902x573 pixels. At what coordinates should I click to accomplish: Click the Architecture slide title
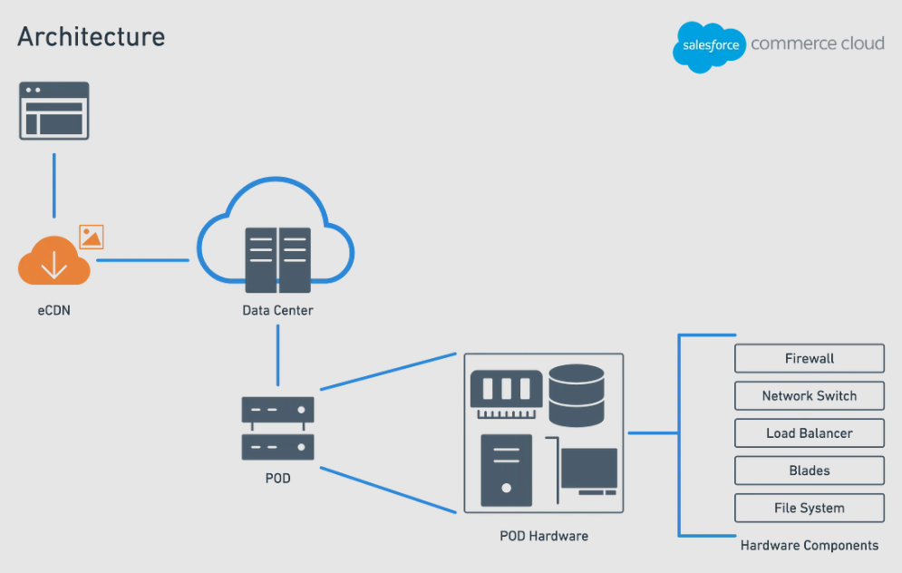pos(92,37)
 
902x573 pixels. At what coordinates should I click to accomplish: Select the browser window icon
pos(54,111)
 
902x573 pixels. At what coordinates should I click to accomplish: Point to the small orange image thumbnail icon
pos(92,238)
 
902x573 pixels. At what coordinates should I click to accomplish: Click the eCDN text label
pos(54,310)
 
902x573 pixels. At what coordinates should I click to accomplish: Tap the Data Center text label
pos(277,311)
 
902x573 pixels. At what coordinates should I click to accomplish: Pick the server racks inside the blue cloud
pos(277,259)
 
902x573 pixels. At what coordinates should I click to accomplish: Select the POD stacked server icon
pos(277,428)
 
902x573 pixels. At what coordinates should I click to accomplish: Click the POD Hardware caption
pos(544,536)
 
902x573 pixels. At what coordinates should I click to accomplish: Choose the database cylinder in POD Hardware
pos(577,394)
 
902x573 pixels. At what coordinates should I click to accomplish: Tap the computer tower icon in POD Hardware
pos(507,469)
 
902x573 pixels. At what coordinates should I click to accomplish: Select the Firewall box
pos(809,358)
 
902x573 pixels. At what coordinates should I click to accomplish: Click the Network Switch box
pos(809,396)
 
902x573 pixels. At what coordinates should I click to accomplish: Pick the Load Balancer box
pos(809,433)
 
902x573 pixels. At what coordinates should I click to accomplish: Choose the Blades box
pos(809,471)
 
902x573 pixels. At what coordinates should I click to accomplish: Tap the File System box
pos(809,508)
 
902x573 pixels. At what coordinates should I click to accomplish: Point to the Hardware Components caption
pos(809,546)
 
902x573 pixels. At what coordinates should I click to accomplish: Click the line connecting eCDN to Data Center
pos(142,260)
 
